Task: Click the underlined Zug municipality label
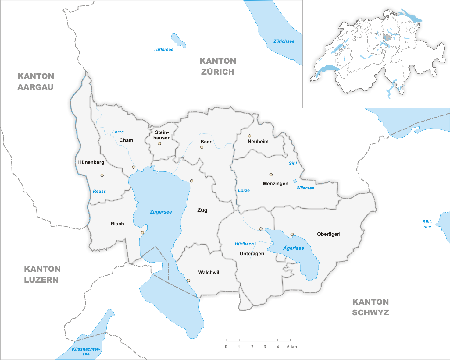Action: coord(202,210)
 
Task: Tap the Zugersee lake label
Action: coord(161,212)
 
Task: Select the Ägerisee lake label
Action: coord(293,248)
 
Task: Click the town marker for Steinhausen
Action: coord(159,143)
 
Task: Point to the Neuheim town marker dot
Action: coord(249,136)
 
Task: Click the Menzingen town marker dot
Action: coord(271,175)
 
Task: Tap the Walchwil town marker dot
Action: coord(189,281)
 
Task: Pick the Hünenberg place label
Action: coord(91,162)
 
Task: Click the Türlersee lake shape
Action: coord(178,40)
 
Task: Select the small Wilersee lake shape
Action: coord(295,181)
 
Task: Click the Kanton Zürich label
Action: coord(218,66)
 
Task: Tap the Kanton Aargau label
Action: coord(36,82)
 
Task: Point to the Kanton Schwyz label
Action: coord(370,307)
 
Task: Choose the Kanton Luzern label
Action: coord(42,274)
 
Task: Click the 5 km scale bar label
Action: coord(292,347)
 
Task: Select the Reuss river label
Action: coord(99,191)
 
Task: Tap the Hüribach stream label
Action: coord(244,244)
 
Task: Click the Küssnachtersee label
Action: coord(86,351)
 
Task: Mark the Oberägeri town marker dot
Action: coord(292,234)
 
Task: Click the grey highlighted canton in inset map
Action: coord(387,37)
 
